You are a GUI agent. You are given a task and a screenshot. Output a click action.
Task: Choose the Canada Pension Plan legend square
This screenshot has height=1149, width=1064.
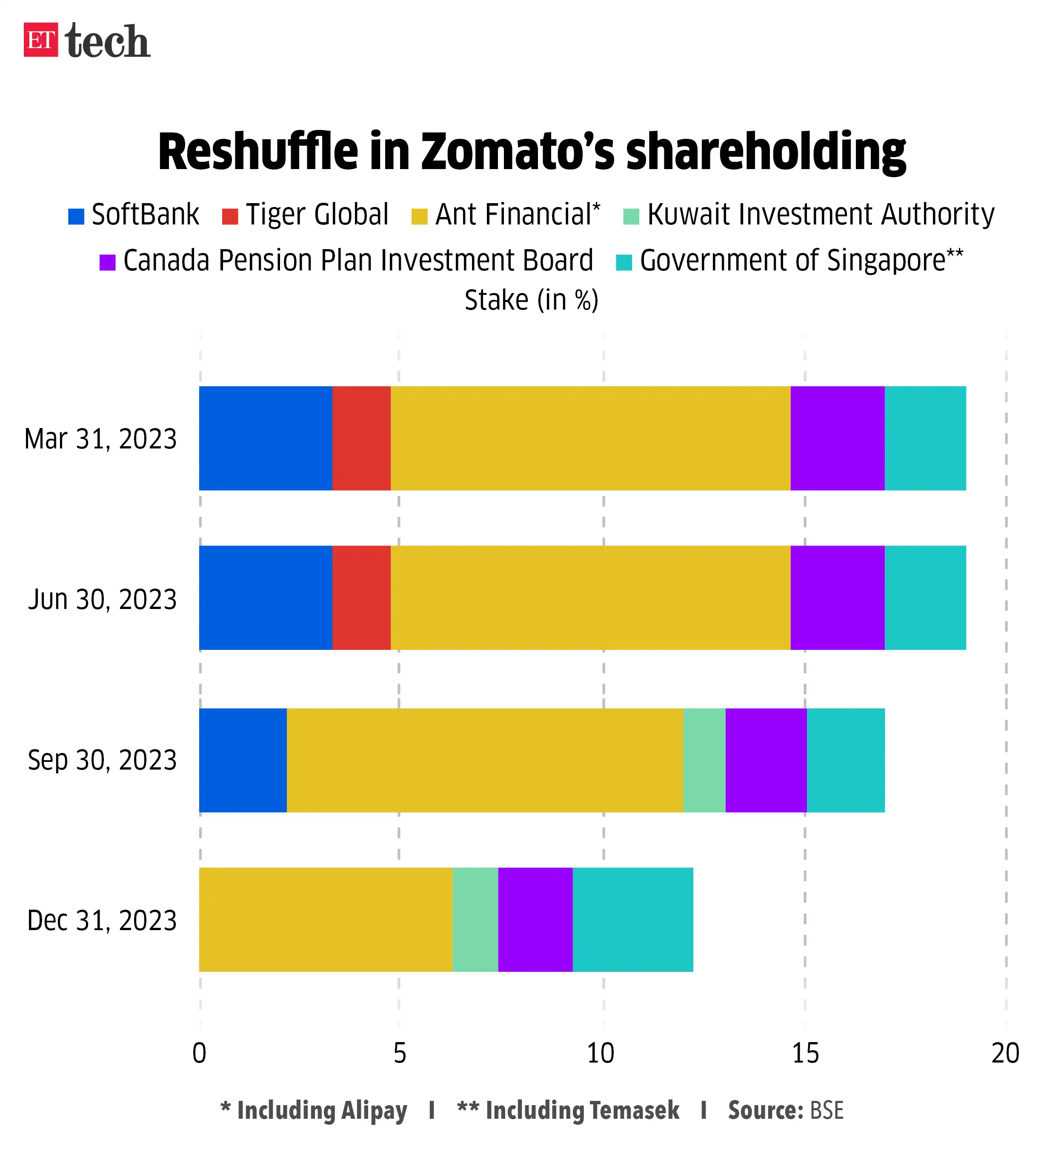(107, 263)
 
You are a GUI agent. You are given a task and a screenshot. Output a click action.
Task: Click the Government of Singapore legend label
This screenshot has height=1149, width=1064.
(800, 261)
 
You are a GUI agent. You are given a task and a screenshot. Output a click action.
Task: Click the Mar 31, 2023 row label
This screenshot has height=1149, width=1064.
(101, 439)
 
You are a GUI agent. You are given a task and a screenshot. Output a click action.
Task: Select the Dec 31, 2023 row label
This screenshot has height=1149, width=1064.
(102, 920)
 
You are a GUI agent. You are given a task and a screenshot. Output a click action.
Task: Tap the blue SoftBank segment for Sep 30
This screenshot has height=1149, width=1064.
(243, 760)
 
